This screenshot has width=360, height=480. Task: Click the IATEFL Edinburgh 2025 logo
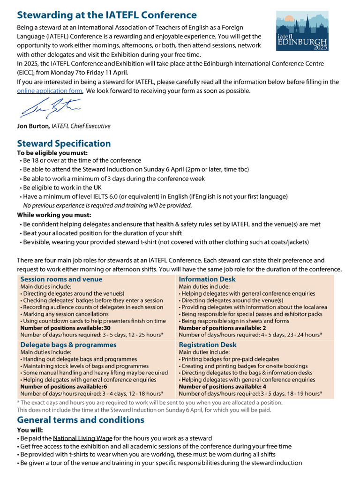[302, 31]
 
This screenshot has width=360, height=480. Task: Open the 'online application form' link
[50, 91]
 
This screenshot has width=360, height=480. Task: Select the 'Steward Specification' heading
[64, 143]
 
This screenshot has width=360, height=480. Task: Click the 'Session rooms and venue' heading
[61, 279]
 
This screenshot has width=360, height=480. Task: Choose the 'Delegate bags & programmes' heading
[68, 345]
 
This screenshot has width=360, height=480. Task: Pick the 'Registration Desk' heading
[208, 345]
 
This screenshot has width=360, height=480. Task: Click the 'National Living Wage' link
[82, 438]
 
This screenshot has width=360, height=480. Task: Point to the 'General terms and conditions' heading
[81, 420]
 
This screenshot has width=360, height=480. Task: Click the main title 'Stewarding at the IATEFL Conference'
[107, 15]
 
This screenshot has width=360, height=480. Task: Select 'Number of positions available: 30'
[66, 328]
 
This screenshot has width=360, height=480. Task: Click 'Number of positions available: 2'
[222, 328]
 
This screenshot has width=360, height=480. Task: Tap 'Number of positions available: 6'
[64, 387]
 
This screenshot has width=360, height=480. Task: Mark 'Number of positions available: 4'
[222, 387]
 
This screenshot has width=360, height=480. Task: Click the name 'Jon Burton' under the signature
[33, 126]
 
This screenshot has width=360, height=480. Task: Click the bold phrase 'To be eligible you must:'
[52, 153]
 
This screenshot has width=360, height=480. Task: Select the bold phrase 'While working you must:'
[54, 215]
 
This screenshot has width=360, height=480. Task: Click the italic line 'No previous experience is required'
[107, 205]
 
